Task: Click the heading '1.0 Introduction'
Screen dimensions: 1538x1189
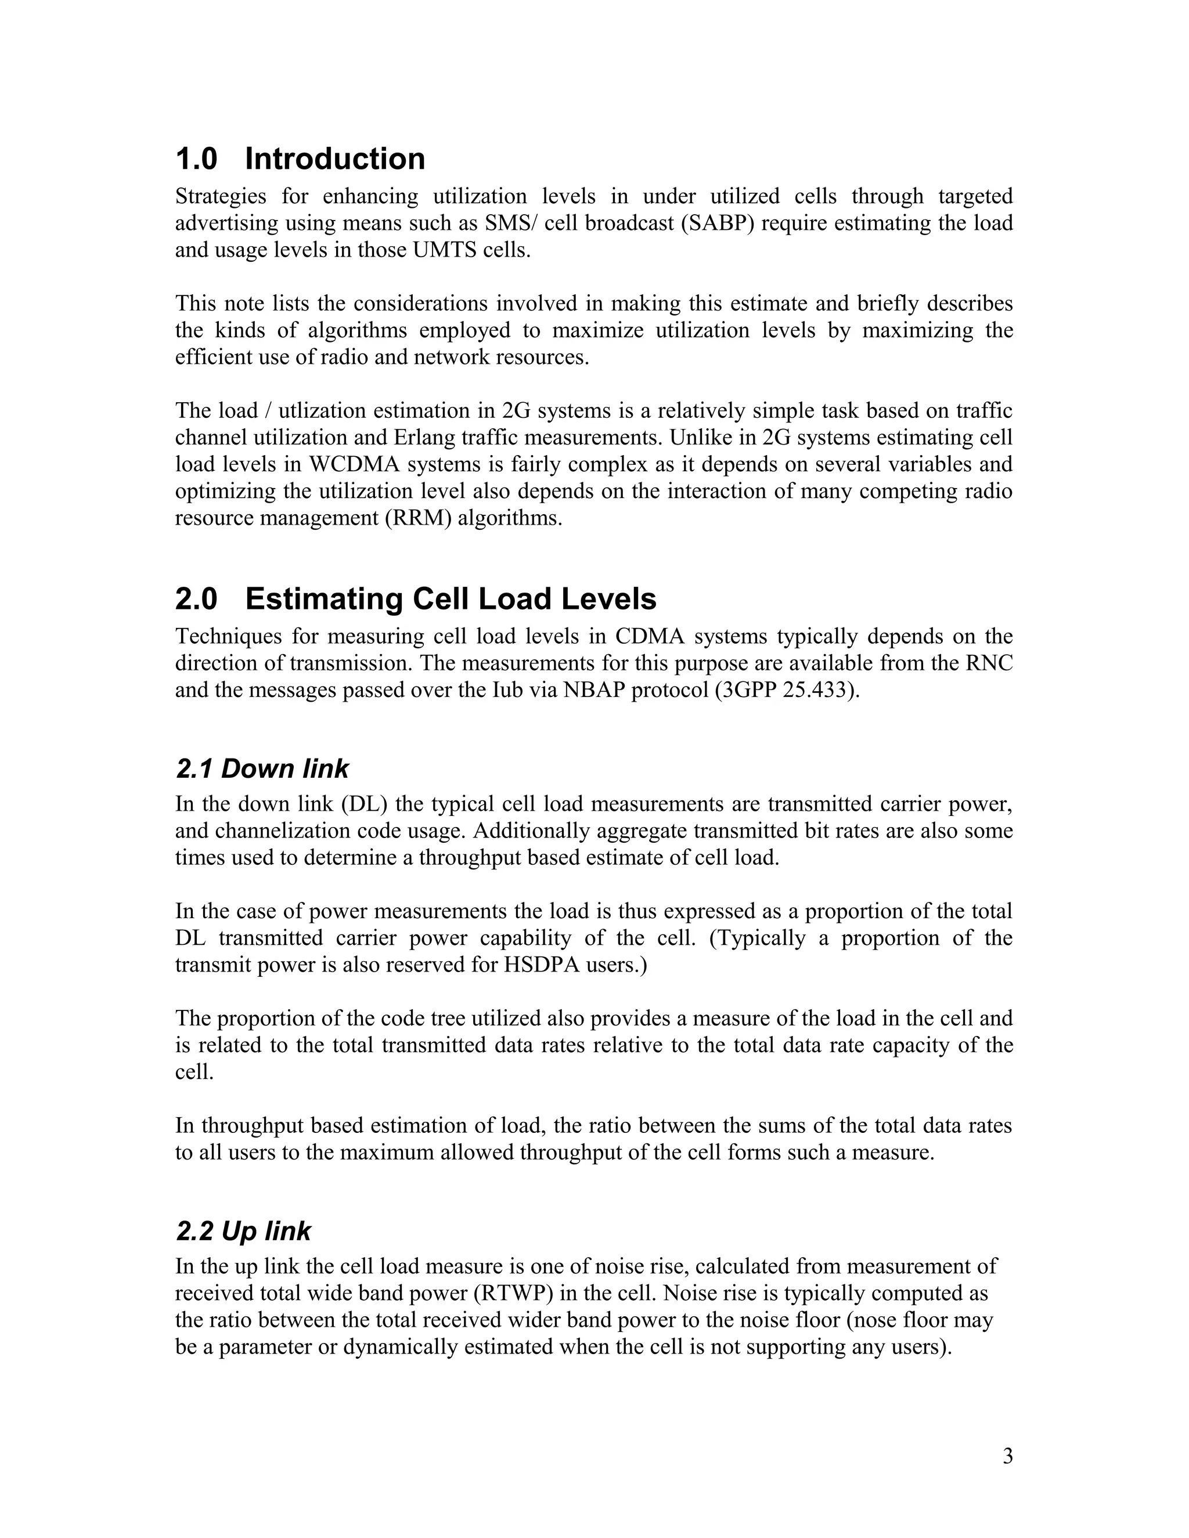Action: click(x=300, y=159)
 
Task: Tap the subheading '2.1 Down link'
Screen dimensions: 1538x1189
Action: click(x=262, y=769)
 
